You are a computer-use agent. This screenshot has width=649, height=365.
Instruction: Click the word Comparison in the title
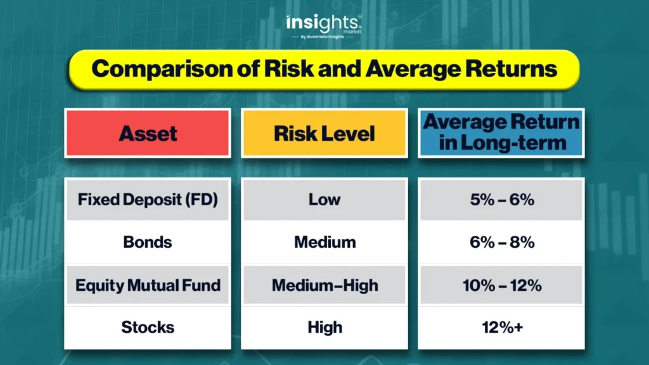pos(162,69)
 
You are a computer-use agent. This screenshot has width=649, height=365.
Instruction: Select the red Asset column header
pos(148,133)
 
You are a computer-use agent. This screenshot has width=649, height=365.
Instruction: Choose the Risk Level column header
pos(324,133)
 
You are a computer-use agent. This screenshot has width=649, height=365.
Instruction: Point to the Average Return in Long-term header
pos(501,133)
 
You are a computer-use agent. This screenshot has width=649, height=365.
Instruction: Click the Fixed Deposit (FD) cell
pos(148,200)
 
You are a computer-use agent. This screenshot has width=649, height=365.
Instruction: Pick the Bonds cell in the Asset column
pos(148,242)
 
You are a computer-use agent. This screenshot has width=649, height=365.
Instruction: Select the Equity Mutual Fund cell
pos(148,285)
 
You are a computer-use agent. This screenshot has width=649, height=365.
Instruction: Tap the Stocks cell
pos(148,328)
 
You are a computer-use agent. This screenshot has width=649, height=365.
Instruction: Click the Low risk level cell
pos(324,200)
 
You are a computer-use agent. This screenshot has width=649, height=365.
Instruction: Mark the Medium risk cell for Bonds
pos(324,242)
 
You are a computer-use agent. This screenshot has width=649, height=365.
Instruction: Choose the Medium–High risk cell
pos(324,285)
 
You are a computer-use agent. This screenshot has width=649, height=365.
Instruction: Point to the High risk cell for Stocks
pos(324,328)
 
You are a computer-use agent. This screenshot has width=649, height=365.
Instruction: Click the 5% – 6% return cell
pos(501,200)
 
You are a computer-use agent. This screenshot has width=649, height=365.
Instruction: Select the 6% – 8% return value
pos(502,242)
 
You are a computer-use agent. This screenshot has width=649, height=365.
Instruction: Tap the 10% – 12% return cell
pos(501,285)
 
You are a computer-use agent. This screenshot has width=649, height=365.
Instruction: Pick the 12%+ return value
pos(503,328)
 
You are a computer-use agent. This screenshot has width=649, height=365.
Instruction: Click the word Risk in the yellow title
pos(289,68)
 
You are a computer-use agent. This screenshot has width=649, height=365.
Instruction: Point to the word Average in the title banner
pos(413,69)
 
